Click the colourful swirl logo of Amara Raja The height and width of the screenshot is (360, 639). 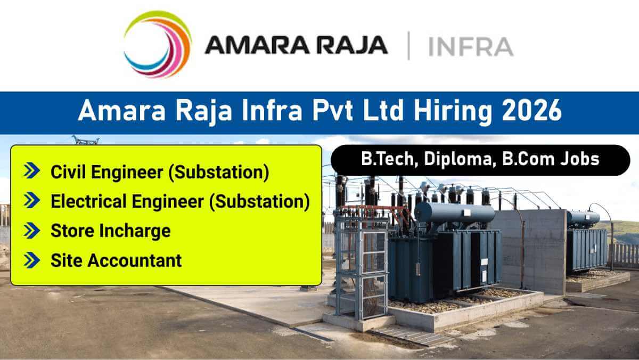tap(157, 45)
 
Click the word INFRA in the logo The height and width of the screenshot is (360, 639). tap(470, 46)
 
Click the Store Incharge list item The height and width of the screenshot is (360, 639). tap(111, 231)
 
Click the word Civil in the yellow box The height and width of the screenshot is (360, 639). tap(67, 171)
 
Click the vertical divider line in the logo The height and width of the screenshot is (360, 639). tap(408, 46)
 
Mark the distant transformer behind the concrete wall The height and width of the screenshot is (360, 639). tap(586, 245)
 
